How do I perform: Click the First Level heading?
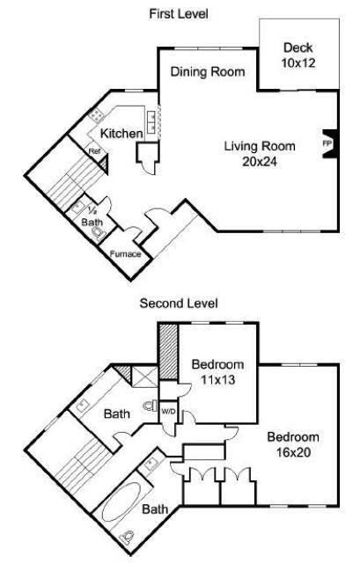tap(179, 14)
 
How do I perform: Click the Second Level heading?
tap(179, 303)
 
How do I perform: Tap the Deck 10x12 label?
tap(298, 55)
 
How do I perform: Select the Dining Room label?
tap(208, 72)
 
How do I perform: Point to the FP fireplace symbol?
tap(328, 143)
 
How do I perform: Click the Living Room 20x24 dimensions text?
tap(260, 162)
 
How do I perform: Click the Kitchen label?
tap(121, 134)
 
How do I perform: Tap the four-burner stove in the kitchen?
tap(96, 115)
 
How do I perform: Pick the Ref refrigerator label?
tap(94, 151)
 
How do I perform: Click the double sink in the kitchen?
tap(151, 122)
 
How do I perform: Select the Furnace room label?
tap(125, 254)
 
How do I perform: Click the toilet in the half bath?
tap(98, 232)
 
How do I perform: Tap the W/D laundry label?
tap(168, 412)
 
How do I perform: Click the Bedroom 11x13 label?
tap(217, 372)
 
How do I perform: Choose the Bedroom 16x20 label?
tap(293, 444)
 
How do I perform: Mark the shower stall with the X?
tap(144, 377)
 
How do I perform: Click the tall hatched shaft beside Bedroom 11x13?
tap(168, 352)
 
